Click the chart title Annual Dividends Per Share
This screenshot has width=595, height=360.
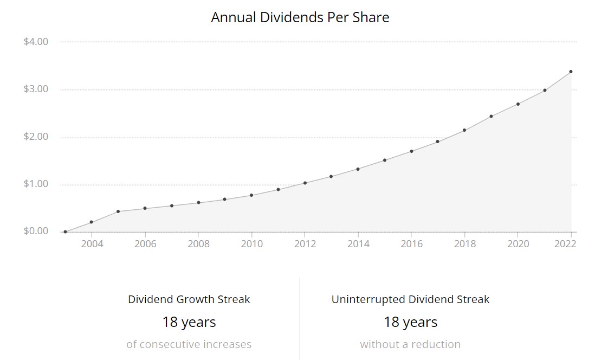pyautogui.click(x=300, y=17)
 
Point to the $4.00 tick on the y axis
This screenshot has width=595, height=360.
pyautogui.click(x=36, y=42)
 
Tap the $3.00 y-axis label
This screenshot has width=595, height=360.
pyautogui.click(x=36, y=89)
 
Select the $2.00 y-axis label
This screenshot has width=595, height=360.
pyautogui.click(x=36, y=137)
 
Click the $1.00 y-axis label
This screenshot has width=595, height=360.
pyautogui.click(x=36, y=184)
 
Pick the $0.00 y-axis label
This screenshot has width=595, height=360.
pyautogui.click(x=36, y=232)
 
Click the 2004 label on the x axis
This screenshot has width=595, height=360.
pyautogui.click(x=92, y=244)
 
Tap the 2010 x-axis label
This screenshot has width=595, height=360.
pyautogui.click(x=252, y=244)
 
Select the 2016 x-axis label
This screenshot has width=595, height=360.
pyautogui.click(x=412, y=244)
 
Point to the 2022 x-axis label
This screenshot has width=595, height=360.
pyautogui.click(x=565, y=244)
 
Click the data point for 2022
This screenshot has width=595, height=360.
pyautogui.click(x=571, y=72)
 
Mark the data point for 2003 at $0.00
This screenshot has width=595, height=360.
pyautogui.click(x=65, y=232)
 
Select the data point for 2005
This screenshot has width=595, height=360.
pyautogui.click(x=118, y=211)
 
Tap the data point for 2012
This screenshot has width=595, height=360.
pyautogui.click(x=305, y=183)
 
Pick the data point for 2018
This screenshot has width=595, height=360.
pyautogui.click(x=464, y=130)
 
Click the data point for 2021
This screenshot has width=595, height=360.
pyautogui.click(x=545, y=91)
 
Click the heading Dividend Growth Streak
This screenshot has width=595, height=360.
pyautogui.click(x=189, y=299)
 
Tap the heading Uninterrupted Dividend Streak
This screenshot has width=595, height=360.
pyautogui.click(x=410, y=299)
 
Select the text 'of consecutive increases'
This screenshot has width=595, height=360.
pyautogui.click(x=189, y=344)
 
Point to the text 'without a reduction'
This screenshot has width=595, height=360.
pyautogui.click(x=410, y=344)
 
